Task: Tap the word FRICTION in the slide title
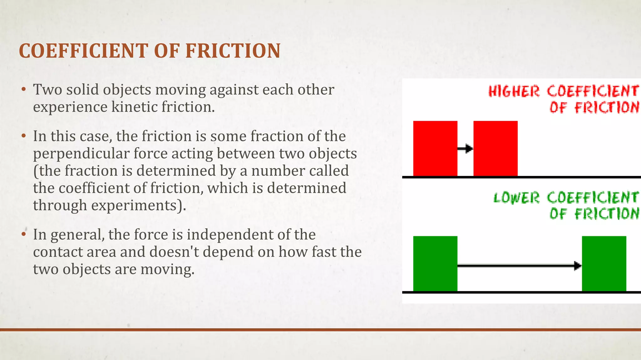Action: pos(233,51)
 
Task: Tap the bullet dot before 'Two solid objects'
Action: pos(23,90)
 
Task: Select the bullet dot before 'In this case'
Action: pos(23,137)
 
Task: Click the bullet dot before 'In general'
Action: pos(23,235)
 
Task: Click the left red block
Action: pos(435,148)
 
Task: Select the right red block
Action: pos(495,148)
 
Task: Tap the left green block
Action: pos(435,263)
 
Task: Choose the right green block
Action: pos(604,263)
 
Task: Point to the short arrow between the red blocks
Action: pos(465,148)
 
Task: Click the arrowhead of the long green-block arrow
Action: pos(577,266)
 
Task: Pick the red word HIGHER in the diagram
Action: pos(514,92)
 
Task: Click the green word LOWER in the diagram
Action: pos(516,198)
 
